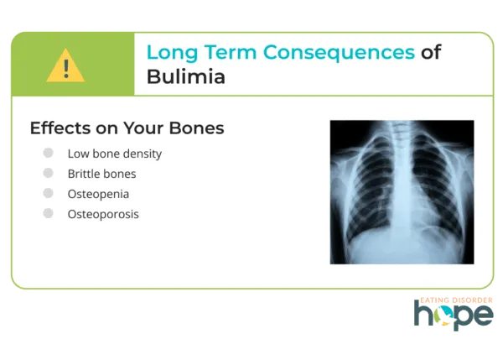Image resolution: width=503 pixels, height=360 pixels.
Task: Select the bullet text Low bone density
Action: click(x=115, y=154)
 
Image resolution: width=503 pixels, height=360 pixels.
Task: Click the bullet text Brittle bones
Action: click(x=101, y=174)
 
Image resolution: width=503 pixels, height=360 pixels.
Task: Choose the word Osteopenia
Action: click(x=98, y=194)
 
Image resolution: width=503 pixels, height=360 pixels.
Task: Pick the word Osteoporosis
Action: click(x=103, y=214)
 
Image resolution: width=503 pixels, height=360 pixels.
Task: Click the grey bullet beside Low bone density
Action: click(x=49, y=154)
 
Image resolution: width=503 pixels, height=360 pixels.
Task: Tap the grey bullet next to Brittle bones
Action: click(x=49, y=174)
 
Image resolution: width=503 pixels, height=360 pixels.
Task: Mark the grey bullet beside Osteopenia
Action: click(x=49, y=194)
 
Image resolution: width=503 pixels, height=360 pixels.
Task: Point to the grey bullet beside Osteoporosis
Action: click(x=49, y=214)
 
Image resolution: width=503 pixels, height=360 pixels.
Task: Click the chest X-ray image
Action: click(x=402, y=192)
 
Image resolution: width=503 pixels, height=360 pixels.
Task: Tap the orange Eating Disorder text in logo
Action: click(x=454, y=300)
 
